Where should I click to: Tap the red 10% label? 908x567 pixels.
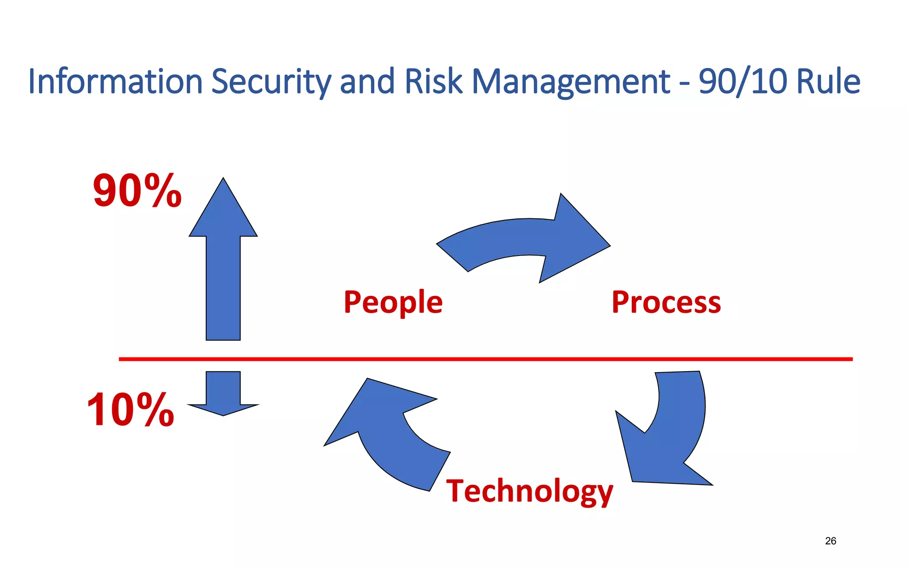coord(130,410)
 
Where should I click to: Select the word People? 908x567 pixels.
coord(393,303)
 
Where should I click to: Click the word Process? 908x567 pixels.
coord(666,303)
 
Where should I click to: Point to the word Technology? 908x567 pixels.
coord(529,491)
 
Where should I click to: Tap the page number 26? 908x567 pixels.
coord(830,541)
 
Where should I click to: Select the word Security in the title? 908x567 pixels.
coord(271,82)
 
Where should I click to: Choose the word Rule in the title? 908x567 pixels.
coord(828,82)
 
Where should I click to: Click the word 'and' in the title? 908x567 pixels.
coord(367,82)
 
